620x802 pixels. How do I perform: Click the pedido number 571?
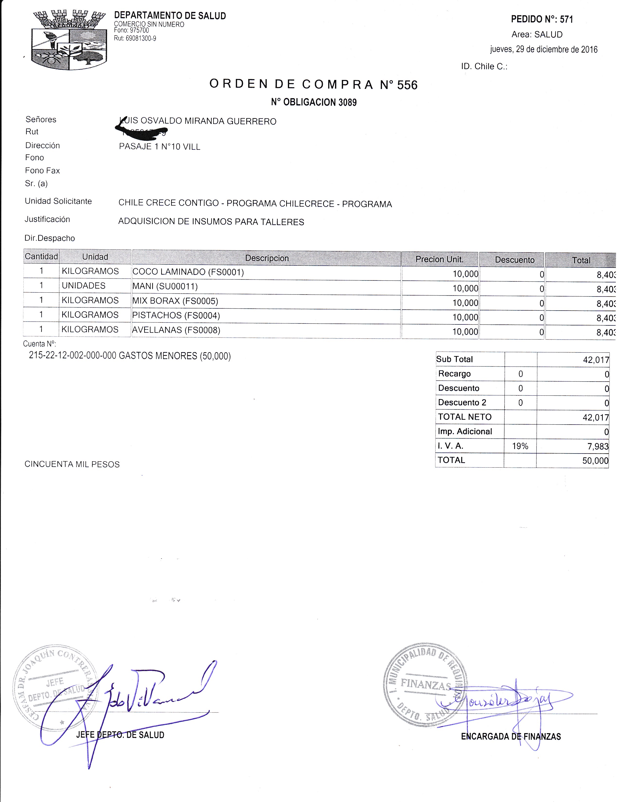(566, 19)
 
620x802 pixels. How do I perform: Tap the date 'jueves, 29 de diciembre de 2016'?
(544, 49)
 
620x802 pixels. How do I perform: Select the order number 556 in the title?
(407, 85)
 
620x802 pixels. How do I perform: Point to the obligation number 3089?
(347, 102)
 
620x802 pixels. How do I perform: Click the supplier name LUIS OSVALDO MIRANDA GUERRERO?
(198, 121)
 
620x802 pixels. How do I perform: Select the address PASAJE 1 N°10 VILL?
(159, 147)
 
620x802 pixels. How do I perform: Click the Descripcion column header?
(267, 258)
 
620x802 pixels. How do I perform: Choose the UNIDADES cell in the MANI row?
(84, 286)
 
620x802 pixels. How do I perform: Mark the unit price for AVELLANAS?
(465, 331)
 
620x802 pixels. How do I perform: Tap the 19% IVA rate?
(520, 446)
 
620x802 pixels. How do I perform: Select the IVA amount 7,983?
(598, 446)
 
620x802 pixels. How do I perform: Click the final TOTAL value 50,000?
(595, 461)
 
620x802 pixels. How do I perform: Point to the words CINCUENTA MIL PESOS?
(72, 464)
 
